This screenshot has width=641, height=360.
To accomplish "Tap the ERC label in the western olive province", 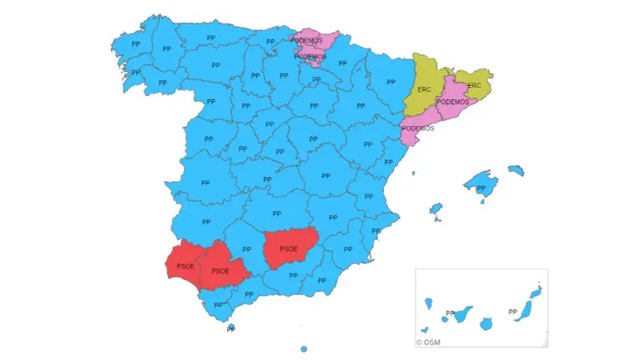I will (x=424, y=89).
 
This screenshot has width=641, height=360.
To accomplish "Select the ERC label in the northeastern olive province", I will (x=474, y=86).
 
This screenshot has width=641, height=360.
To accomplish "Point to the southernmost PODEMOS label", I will (x=417, y=129).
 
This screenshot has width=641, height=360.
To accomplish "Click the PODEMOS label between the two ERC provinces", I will (x=452, y=102).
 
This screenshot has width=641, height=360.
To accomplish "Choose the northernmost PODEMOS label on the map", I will (x=306, y=40).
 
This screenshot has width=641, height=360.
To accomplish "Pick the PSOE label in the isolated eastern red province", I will (x=289, y=249).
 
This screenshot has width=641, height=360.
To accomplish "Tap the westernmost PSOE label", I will (x=185, y=266).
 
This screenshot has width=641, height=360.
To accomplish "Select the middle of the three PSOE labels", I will (x=220, y=271).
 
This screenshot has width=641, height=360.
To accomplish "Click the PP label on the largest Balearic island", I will (x=481, y=189).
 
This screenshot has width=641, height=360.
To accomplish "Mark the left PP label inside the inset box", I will (x=451, y=314).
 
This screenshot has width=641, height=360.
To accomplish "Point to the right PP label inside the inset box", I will (x=512, y=312).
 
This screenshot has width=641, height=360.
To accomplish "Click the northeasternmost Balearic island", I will (x=516, y=170).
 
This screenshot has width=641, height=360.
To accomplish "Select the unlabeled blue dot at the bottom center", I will (x=304, y=348).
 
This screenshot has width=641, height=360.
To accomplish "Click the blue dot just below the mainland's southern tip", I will (x=231, y=327).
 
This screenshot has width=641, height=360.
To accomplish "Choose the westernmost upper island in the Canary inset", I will (x=427, y=302).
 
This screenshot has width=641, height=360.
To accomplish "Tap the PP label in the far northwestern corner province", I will (x=135, y=43).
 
